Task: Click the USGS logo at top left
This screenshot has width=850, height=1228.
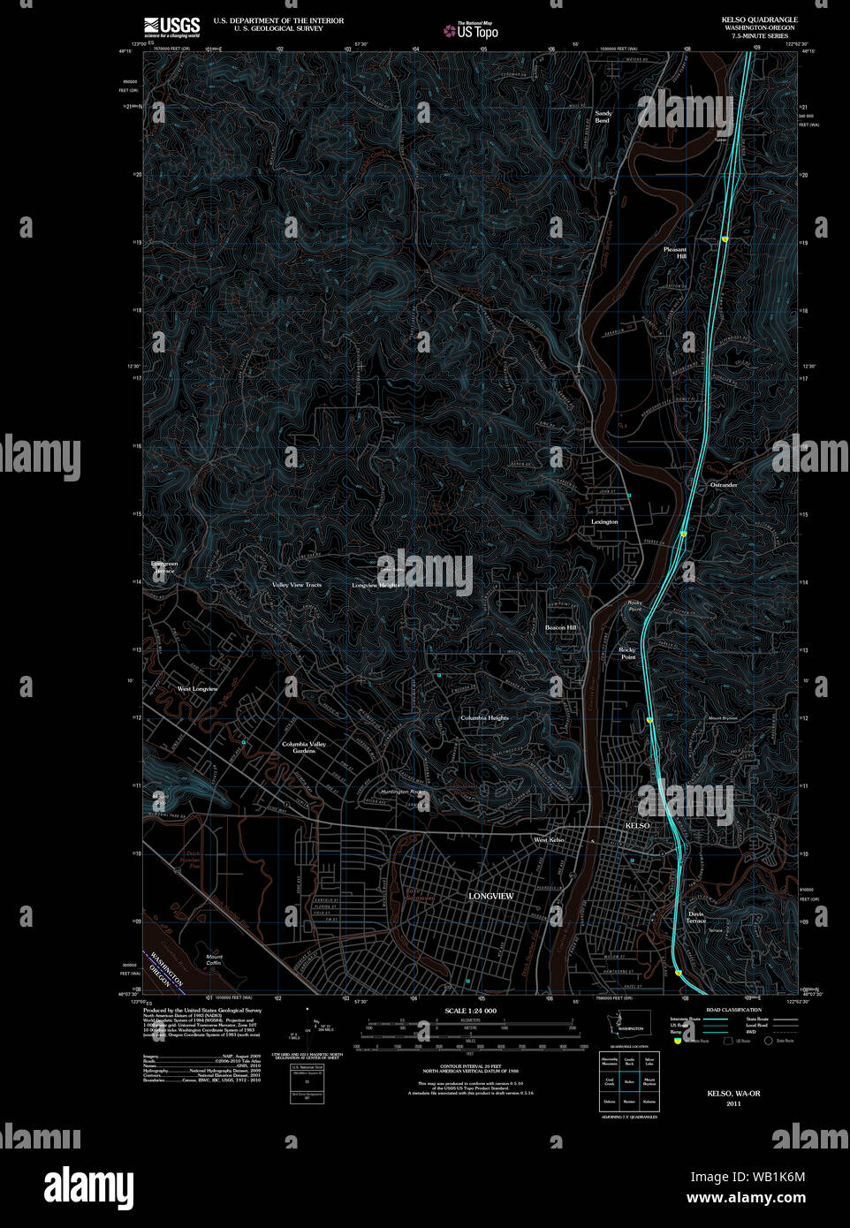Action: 172,26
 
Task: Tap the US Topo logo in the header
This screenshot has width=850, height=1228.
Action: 471,31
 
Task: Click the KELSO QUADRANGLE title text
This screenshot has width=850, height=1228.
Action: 759,19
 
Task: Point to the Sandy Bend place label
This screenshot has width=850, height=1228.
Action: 603,117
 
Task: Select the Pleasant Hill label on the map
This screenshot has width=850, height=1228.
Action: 675,253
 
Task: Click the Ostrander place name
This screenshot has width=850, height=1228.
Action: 724,485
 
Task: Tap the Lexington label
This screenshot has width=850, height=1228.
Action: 604,522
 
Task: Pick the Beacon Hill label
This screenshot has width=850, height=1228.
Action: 560,627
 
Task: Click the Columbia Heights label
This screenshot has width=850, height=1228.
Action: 484,718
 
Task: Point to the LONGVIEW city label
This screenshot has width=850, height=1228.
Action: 490,896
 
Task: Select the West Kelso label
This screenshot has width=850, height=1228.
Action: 549,839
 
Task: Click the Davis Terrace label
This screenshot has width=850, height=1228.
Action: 696,917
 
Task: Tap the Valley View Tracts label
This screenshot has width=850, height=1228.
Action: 297,585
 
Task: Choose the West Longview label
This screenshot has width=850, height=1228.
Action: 197,689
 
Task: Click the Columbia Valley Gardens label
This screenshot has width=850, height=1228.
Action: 304,747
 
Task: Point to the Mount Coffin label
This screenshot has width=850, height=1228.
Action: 214,959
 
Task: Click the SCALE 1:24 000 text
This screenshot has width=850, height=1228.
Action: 470,1011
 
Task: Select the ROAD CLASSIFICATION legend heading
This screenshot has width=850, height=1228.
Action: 733,1010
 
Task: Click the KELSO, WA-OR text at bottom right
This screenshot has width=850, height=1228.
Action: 733,1094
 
